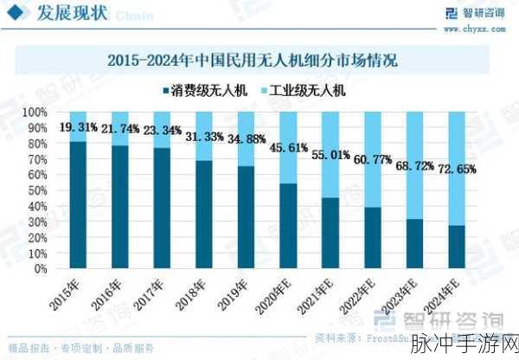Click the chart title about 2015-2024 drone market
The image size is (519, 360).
click(259, 61)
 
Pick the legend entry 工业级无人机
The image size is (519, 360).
click(311, 90)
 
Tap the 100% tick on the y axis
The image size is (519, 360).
click(34, 112)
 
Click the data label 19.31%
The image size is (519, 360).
click(79, 127)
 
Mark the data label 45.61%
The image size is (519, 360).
click(292, 148)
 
